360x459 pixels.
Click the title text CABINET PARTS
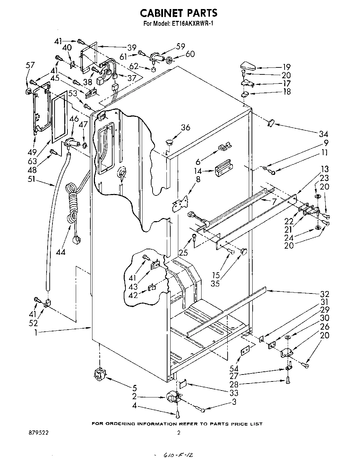179,13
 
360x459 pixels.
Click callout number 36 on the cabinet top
185,128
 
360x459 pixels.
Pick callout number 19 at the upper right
286,67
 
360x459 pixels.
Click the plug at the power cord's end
76,240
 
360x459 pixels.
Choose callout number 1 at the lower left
36,332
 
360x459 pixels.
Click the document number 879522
39,433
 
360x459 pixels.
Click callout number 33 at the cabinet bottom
234,393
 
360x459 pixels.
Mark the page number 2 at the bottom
179,433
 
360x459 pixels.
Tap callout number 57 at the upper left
30,65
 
